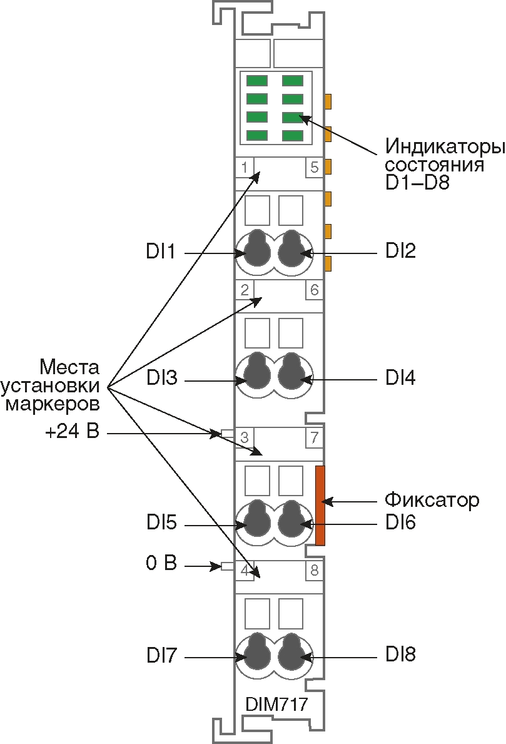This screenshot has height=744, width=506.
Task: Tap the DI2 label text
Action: pyautogui.click(x=401, y=251)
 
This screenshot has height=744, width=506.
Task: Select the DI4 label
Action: pyautogui.click(x=401, y=378)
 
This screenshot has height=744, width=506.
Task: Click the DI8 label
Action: pyautogui.click(x=401, y=655)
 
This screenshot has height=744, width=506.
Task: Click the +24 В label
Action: pyautogui.click(x=72, y=432)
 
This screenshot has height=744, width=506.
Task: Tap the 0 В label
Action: pyautogui.click(x=161, y=563)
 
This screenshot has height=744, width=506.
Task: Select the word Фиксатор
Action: pyautogui.click(x=432, y=500)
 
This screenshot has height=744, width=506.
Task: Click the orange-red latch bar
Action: pyautogui.click(x=320, y=505)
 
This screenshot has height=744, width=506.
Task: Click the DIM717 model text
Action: pyautogui.click(x=276, y=704)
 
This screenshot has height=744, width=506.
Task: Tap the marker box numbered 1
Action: pyautogui.click(x=244, y=168)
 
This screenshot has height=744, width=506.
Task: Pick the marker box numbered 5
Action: pyautogui.click(x=314, y=168)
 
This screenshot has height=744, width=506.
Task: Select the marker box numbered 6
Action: pyautogui.click(x=314, y=290)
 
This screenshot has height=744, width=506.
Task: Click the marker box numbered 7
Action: pyautogui.click(x=314, y=437)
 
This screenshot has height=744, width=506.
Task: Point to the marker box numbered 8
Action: pyautogui.click(x=314, y=570)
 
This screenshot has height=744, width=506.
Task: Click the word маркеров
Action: pyautogui.click(x=52, y=404)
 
